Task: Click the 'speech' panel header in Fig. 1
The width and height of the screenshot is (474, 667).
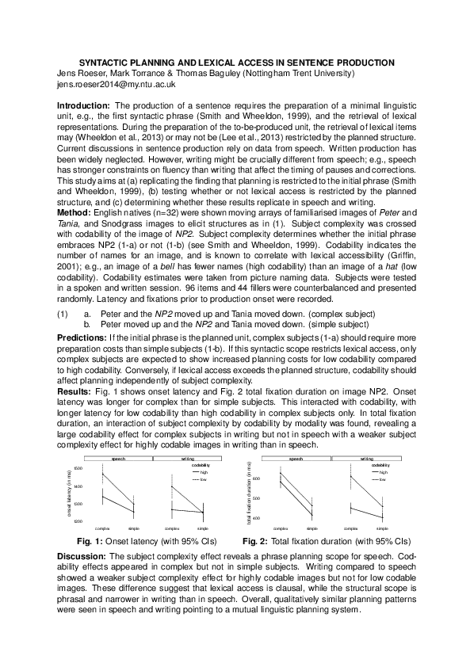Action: click(x=118, y=459)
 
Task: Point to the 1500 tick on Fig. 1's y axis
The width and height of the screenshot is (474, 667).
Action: click(x=78, y=469)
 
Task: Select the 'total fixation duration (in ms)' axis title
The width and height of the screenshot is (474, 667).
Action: click(x=249, y=492)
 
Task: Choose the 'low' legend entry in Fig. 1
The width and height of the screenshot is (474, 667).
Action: click(x=203, y=479)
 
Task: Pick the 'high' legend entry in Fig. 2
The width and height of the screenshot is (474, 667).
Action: click(x=383, y=471)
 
